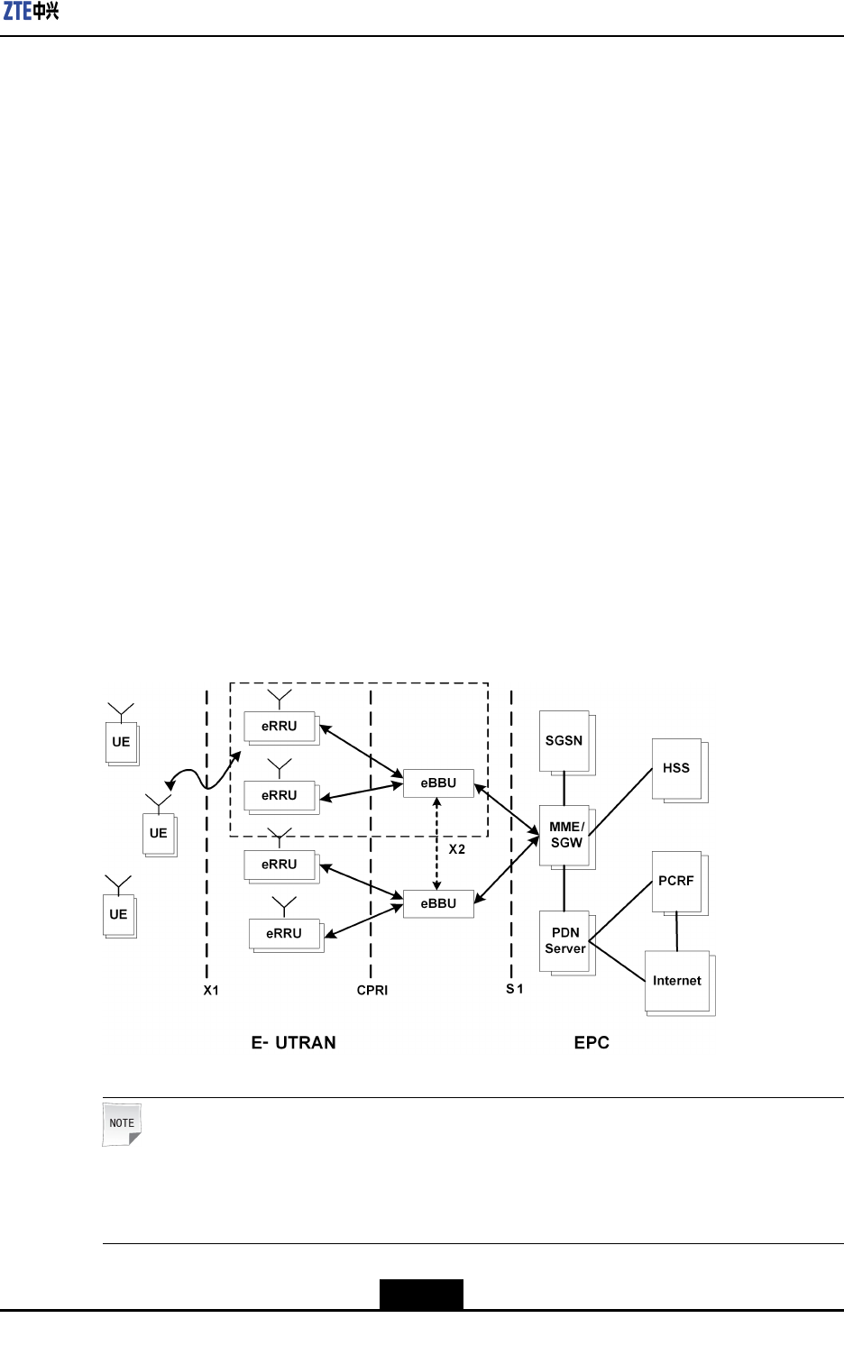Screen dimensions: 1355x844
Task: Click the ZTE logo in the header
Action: [32, 12]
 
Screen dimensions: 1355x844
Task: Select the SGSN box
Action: [564, 740]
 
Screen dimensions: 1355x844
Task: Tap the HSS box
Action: [676, 768]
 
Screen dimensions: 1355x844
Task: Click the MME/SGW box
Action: [565, 835]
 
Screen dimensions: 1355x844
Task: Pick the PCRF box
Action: [676, 881]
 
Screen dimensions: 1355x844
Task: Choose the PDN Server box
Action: [564, 940]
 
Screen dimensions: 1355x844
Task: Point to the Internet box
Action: [677, 981]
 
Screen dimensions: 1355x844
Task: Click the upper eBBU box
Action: [438, 783]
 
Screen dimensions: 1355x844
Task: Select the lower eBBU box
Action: [438, 903]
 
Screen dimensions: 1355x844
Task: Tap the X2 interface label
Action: [457, 849]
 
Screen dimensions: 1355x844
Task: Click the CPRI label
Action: [372, 990]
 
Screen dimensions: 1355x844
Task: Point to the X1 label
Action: [211, 990]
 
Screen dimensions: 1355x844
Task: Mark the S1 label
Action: [515, 989]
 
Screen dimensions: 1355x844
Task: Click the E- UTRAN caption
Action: [294, 1042]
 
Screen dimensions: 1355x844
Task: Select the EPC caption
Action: [592, 1042]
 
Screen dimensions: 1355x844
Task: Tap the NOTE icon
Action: [122, 1124]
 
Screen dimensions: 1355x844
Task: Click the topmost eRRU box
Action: [280, 726]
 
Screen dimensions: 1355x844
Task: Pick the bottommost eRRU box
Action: [284, 933]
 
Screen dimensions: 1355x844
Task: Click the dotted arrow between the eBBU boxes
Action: [437, 843]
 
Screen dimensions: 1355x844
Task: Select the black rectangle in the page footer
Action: [421, 1294]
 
